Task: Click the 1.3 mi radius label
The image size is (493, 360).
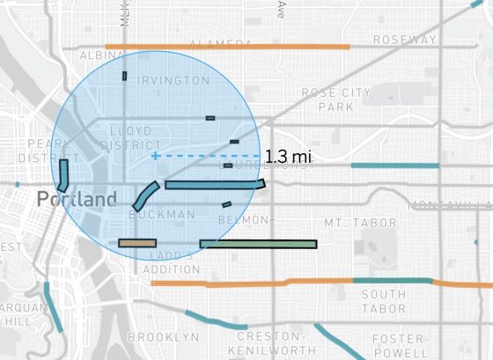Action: pyautogui.click(x=289, y=158)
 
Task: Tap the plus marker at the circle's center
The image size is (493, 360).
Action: pyautogui.click(x=155, y=156)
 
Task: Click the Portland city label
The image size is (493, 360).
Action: pyautogui.click(x=77, y=200)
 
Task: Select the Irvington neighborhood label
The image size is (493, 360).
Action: pyautogui.click(x=173, y=80)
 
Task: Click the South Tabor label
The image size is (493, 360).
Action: pyautogui.click(x=383, y=301)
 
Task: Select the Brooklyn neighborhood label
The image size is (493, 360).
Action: pyautogui.click(x=158, y=337)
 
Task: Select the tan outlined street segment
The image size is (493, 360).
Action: pyautogui.click(x=137, y=243)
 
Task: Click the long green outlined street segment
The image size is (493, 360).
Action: pyautogui.click(x=258, y=244)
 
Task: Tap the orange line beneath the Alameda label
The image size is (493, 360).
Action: pyautogui.click(x=227, y=46)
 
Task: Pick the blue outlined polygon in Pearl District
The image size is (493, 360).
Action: pyautogui.click(x=63, y=175)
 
